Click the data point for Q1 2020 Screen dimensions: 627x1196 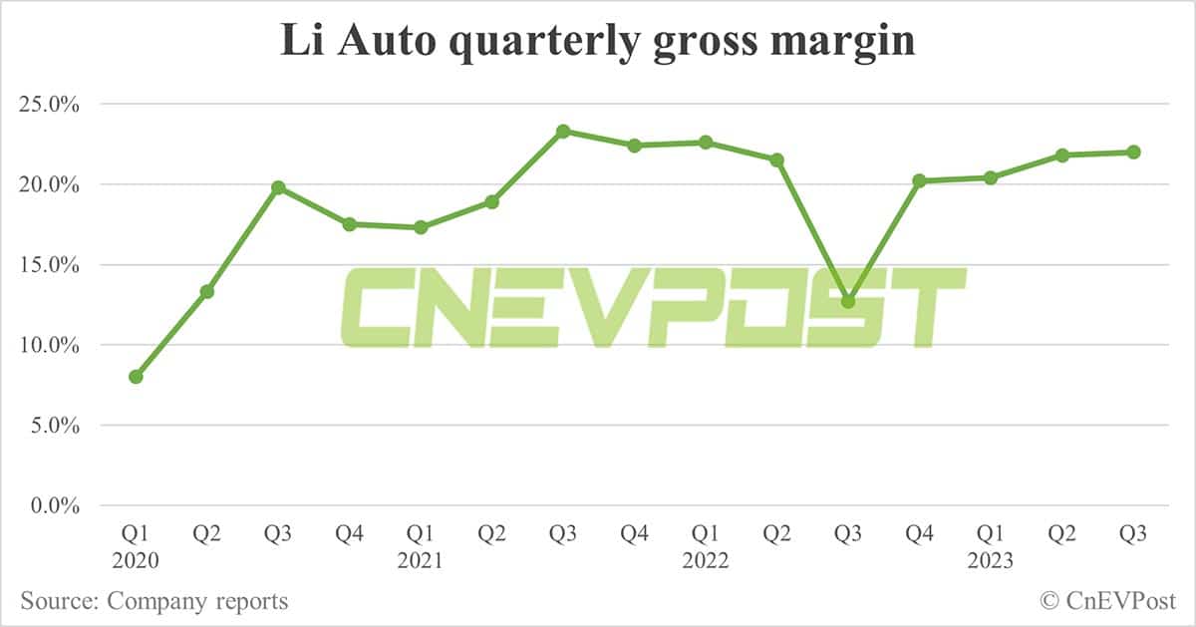click(x=136, y=377)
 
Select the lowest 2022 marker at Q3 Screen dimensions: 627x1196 click(x=848, y=301)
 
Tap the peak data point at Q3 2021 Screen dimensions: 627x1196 click(x=563, y=131)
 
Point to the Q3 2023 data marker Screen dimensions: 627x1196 click(x=1133, y=152)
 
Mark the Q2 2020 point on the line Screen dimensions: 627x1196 click(x=207, y=291)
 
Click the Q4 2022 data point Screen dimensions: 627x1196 click(x=919, y=180)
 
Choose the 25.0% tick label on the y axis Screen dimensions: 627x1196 click(x=49, y=105)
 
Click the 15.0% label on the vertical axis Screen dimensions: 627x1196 click(x=49, y=265)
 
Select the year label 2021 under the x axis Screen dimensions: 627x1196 click(x=421, y=562)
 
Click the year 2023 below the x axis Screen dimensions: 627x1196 click(x=991, y=562)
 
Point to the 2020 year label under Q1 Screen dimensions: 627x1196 click(x=136, y=562)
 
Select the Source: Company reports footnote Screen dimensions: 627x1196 click(x=154, y=601)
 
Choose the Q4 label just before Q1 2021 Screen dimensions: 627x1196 click(x=350, y=535)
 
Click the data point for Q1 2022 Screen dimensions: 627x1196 click(x=706, y=143)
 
